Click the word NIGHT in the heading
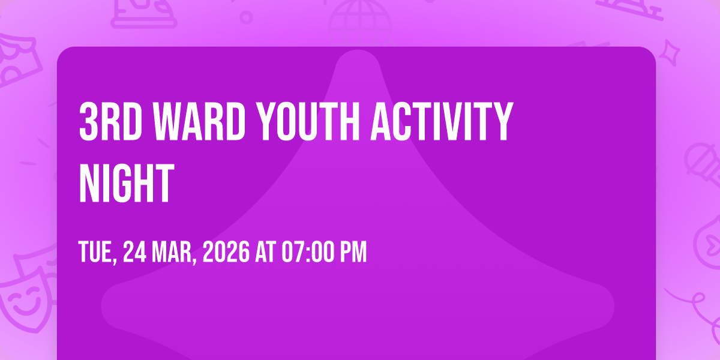pos(127,183)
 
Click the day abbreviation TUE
pos(98,252)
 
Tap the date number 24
pos(135,251)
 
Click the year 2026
pos(226,251)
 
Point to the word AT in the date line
pos(265,251)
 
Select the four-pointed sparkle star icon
pos(670,53)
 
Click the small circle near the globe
pos(246,17)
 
